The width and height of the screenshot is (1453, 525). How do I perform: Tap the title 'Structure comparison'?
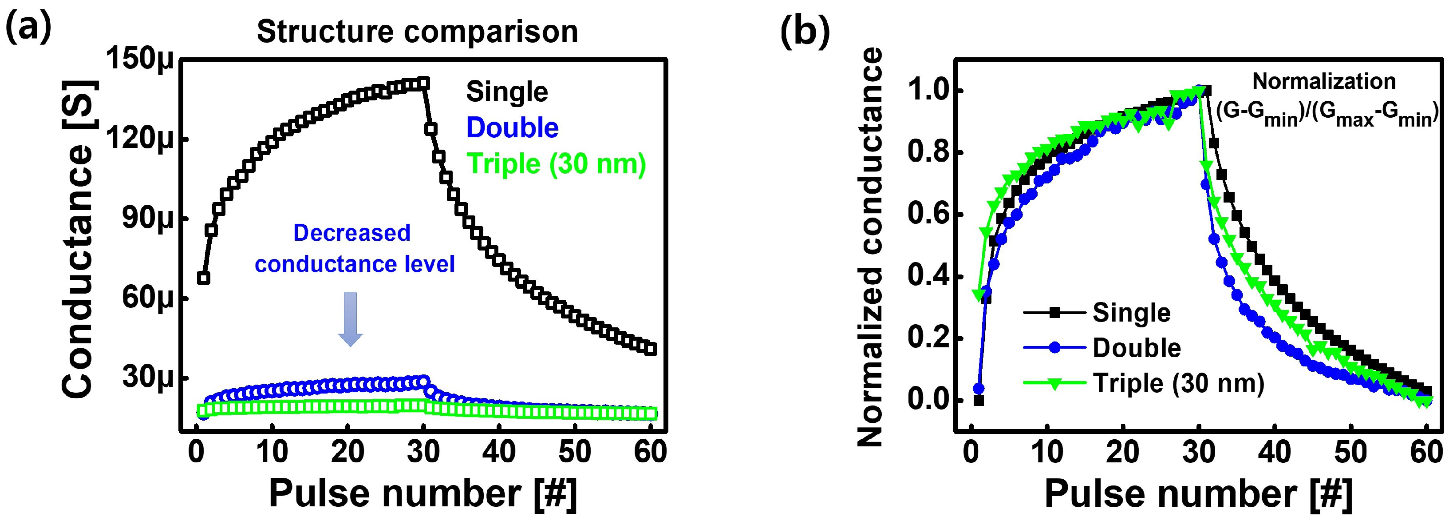tap(418, 32)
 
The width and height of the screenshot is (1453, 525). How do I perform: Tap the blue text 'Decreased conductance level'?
tap(354, 248)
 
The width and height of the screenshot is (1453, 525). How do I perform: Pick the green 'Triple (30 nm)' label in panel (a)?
tap(556, 164)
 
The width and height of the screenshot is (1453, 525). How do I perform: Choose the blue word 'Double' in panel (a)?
tap(512, 128)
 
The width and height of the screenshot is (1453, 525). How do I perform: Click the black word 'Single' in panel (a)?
tap(506, 92)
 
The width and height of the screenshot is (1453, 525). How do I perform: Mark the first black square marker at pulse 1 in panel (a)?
tap(204, 278)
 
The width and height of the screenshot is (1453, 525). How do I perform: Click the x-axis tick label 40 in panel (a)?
tap(499, 452)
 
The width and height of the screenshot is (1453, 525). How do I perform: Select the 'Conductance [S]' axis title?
tap(79, 239)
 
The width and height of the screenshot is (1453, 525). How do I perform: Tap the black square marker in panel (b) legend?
tap(1054, 313)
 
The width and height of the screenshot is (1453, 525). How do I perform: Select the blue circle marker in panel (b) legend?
tap(1054, 348)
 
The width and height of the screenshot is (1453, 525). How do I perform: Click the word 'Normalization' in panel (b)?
tap(1324, 82)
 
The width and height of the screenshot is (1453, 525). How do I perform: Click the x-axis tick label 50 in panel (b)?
tap(1351, 452)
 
